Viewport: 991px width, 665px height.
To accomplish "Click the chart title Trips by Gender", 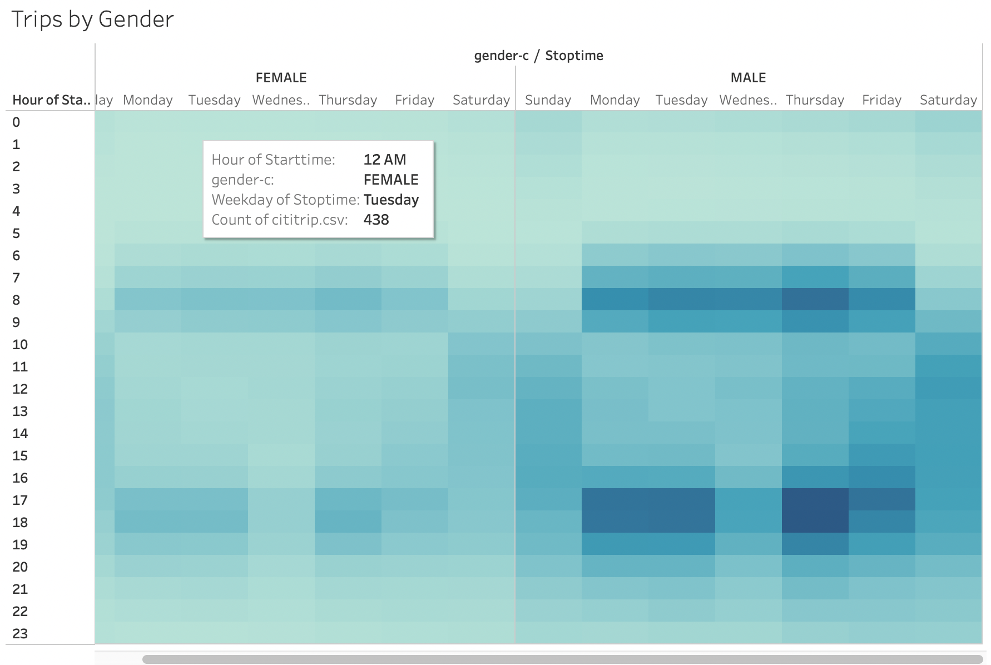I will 92,19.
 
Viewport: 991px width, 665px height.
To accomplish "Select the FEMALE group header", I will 281,78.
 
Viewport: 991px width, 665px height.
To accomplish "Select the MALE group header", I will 748,78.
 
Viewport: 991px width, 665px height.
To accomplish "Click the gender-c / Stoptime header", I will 538,56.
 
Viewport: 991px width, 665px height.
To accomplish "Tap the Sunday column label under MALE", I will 548,100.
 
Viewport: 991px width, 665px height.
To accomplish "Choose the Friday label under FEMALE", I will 414,100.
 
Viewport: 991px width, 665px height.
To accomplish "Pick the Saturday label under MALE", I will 948,100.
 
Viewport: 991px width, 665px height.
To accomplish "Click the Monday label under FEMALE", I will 147,100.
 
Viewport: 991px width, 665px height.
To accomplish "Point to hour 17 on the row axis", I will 20,500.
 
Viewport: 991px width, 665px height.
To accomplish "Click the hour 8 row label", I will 16,300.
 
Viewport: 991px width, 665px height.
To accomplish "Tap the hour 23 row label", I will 20,634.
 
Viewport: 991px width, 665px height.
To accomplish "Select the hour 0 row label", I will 16,122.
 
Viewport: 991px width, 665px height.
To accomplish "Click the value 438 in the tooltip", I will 376,220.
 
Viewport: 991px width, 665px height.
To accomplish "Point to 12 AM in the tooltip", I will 385,160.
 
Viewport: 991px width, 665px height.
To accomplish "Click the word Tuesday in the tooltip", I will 391,200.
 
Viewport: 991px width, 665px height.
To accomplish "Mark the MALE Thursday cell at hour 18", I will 815,522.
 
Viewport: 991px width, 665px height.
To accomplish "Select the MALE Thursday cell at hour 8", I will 815,300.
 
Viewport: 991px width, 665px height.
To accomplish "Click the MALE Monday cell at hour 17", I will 615,500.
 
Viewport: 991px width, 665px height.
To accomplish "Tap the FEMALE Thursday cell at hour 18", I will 348,522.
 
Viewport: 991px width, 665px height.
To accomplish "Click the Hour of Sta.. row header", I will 51,100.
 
